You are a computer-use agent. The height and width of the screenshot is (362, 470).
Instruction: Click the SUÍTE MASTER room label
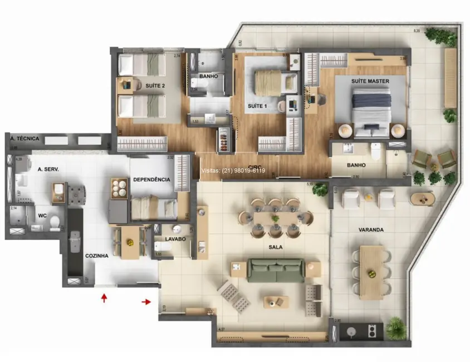pyautogui.click(x=370, y=81)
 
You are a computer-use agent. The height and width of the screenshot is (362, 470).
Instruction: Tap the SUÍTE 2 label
pyautogui.click(x=155, y=86)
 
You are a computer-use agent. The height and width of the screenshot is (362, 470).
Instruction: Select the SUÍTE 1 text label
pyautogui.click(x=257, y=106)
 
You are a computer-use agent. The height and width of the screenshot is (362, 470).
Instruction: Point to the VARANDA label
pyautogui.click(x=372, y=229)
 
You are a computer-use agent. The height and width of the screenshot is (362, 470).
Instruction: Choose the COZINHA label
pyautogui.click(x=96, y=256)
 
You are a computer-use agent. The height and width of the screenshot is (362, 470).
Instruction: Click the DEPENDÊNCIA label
pyautogui.click(x=151, y=180)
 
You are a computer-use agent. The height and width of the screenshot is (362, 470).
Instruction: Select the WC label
pyautogui.click(x=42, y=215)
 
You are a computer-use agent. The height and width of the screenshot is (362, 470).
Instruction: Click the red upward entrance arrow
pyautogui.click(x=104, y=299)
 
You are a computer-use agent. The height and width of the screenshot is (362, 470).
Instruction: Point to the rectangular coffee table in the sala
pyautogui.click(x=276, y=302)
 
